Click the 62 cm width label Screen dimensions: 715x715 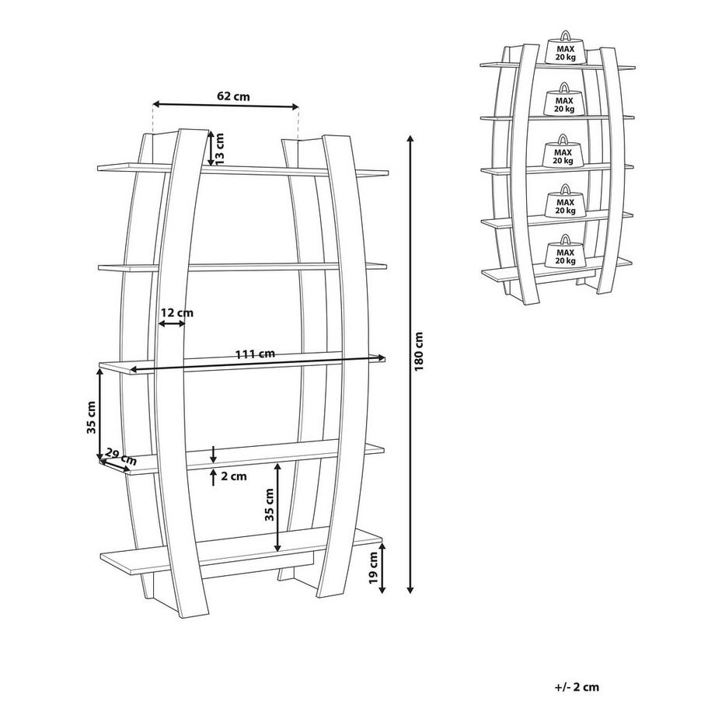coord(233,96)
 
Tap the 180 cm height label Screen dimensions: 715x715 coord(419,351)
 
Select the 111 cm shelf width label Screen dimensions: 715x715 coord(255,354)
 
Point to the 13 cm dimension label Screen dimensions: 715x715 coord(219,149)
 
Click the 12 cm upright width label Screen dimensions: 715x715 coord(177,312)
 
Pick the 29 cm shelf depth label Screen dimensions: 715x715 coord(121,456)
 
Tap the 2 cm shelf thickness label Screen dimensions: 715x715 coord(233,476)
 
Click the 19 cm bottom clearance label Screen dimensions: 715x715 coord(374,568)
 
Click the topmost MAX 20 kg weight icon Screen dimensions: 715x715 coord(565,48)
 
